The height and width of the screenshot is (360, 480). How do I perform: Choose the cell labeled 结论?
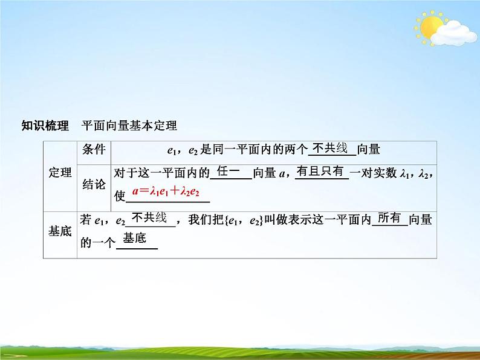(94, 185)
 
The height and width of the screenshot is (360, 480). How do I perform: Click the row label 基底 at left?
(60, 231)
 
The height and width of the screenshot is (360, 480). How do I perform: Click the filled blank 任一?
(230, 172)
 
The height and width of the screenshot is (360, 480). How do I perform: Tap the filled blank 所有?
(389, 218)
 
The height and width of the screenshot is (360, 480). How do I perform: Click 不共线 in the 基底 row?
(149, 218)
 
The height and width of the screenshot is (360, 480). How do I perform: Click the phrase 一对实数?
(374, 174)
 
